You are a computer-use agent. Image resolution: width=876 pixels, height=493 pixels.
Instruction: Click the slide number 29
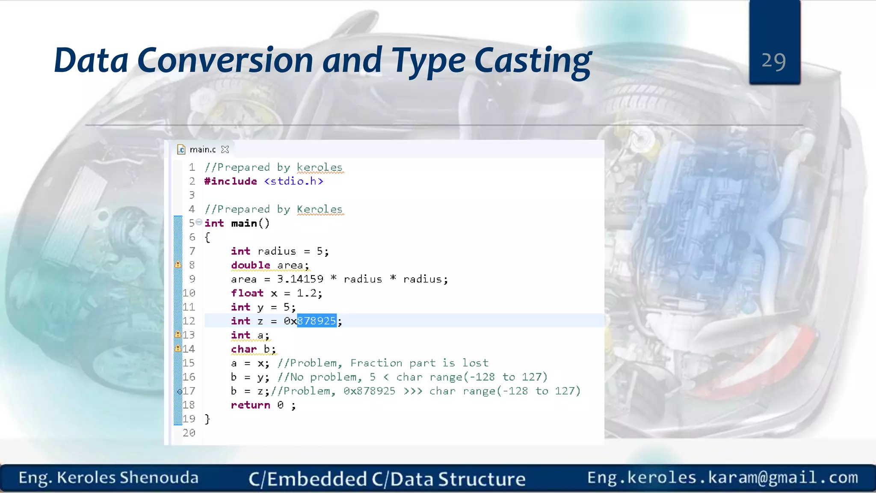pos(774,61)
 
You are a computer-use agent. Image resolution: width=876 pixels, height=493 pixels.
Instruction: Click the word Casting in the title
pos(533,61)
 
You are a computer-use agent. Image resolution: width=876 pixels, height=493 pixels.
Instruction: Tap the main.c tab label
pos(202,149)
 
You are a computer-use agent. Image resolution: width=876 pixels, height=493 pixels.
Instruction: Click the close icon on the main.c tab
pos(225,149)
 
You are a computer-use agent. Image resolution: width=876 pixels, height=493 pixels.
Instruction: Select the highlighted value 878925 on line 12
pos(317,321)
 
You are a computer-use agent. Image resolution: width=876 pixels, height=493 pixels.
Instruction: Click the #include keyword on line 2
pos(231,181)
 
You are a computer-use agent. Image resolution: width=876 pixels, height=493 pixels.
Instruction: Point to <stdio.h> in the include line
pos(293,181)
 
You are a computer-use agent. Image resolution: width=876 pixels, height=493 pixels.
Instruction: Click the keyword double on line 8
pos(250,265)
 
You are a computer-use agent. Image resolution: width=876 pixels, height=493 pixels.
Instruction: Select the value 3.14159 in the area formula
pos(300,279)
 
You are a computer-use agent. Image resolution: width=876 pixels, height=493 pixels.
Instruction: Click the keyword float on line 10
pos(247,293)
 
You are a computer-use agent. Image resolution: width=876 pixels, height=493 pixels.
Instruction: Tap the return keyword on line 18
pos(250,405)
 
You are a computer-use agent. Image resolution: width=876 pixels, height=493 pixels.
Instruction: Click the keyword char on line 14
pos(244,349)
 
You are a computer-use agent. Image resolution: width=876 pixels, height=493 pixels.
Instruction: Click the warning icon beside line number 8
pos(178,265)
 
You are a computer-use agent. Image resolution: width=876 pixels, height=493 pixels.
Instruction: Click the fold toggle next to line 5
pos(199,222)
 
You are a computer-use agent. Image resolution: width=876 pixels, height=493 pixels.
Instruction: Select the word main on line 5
pos(244,223)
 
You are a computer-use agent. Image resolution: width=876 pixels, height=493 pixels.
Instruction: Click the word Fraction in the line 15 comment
pos(376,363)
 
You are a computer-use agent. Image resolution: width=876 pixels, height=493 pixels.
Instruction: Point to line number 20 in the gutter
pos(189,433)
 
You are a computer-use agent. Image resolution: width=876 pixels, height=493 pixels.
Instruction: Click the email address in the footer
pos(722,478)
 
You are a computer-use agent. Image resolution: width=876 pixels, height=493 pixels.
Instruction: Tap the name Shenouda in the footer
pos(159,478)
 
